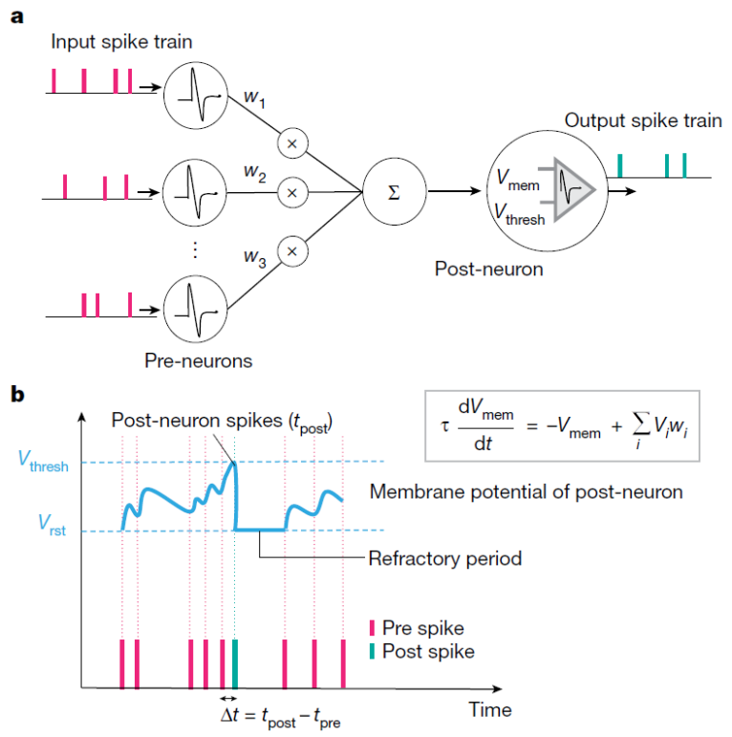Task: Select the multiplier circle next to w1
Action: point(292,143)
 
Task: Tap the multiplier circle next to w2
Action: point(292,192)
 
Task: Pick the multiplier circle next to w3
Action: point(292,251)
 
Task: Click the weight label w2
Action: point(253,174)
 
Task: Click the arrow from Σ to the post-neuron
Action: point(456,192)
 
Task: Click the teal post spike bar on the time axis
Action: point(235,663)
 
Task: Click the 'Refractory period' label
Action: point(444,558)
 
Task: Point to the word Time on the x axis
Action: point(490,709)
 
